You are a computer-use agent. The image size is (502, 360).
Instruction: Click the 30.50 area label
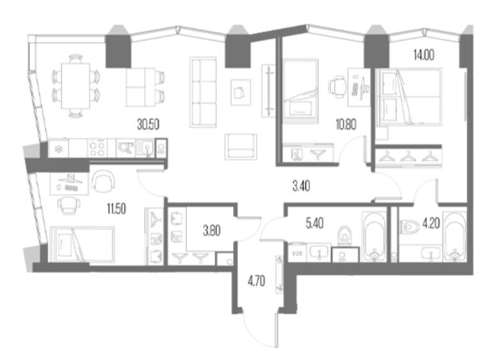[x=148, y=124]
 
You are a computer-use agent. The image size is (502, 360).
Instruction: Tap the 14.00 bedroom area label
[x=423, y=56]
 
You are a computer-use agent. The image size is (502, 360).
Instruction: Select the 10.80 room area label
[x=346, y=124]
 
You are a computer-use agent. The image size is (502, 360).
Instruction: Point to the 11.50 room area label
[x=116, y=209]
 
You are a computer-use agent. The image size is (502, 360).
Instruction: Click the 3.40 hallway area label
[x=301, y=186]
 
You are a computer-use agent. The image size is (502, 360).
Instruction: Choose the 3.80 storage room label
[x=211, y=230]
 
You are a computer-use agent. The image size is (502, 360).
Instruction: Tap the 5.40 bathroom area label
[x=314, y=223]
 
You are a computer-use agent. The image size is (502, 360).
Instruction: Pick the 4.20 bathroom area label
[x=431, y=223]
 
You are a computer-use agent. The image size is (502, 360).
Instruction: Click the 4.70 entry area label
[x=256, y=281]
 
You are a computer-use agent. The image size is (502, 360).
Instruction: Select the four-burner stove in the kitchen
[x=98, y=148]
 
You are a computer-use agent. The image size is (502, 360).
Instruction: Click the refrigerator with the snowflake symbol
[x=59, y=148]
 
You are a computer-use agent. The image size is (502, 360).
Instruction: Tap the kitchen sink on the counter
[x=145, y=148]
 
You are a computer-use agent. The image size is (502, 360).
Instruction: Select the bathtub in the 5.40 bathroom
[x=374, y=236]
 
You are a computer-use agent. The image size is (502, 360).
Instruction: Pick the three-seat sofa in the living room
[x=203, y=92]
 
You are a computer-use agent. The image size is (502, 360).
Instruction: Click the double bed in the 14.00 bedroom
[x=409, y=96]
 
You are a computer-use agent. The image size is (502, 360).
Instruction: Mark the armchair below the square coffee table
[x=241, y=146]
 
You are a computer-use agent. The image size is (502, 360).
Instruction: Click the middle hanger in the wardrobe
[x=408, y=156]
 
